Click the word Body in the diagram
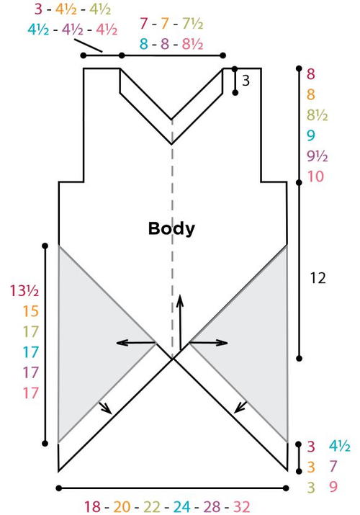point(171,229)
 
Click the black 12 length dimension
point(318,278)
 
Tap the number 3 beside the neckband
point(246,81)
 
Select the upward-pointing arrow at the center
point(180,323)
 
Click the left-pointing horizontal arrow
point(136,343)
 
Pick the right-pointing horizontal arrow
point(208,343)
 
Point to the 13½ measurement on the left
point(24,291)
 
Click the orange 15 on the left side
point(31,311)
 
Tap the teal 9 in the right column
point(311,135)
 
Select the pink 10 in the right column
point(315,176)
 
